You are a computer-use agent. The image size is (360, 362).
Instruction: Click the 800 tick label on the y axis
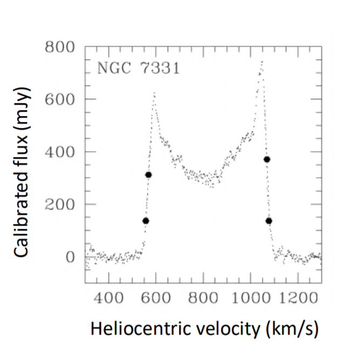click(60, 47)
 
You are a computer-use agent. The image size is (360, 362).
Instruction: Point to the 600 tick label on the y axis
click(60, 99)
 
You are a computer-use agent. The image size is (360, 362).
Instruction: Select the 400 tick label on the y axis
click(60, 152)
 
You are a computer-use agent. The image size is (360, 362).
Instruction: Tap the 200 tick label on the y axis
click(60, 204)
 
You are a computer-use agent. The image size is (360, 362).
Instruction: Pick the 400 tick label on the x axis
click(109, 297)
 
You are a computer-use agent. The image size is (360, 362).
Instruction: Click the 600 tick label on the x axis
click(156, 297)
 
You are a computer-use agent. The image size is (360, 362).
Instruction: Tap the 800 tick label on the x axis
click(203, 297)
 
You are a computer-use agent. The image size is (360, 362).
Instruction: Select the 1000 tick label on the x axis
click(250, 297)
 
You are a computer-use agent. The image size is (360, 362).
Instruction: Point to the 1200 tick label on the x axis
click(297, 297)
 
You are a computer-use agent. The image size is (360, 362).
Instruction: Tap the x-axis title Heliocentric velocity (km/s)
click(204, 328)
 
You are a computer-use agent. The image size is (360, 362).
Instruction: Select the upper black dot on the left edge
click(148, 175)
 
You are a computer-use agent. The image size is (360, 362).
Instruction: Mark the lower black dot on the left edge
click(146, 221)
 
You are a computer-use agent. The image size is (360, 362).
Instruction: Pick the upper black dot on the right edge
click(266, 159)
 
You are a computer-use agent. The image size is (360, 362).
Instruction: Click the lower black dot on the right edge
click(268, 221)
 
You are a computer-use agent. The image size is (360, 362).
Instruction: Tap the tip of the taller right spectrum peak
click(262, 62)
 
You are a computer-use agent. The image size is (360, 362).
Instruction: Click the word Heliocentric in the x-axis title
click(133, 328)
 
